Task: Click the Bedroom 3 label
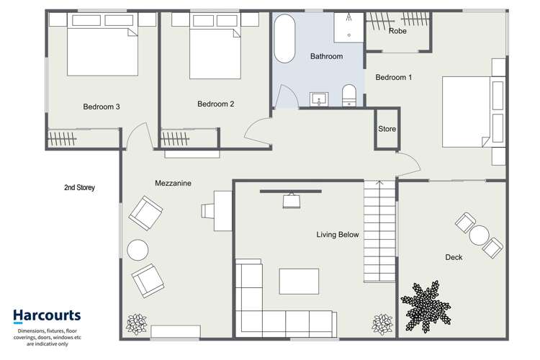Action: (x=101, y=107)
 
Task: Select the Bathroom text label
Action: (x=326, y=56)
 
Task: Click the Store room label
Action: (x=387, y=130)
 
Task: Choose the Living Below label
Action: (x=338, y=235)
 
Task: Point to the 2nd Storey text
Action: (x=79, y=188)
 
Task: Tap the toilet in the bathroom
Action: (x=349, y=94)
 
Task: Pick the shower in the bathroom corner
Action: (x=349, y=27)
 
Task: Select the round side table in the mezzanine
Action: (x=138, y=249)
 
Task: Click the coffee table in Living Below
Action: (x=299, y=281)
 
